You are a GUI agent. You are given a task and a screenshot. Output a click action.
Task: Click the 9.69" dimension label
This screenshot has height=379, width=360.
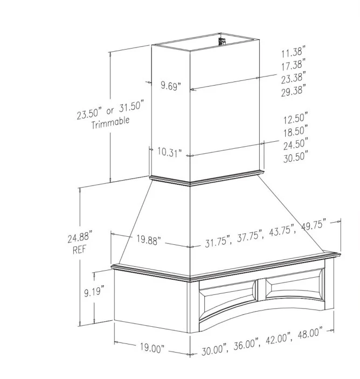(171, 86)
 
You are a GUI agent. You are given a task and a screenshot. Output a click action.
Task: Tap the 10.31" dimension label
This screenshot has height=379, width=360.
(170, 152)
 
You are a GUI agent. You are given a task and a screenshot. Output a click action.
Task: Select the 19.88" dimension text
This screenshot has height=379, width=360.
(149, 240)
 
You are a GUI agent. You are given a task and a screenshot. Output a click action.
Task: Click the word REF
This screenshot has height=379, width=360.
(79, 250)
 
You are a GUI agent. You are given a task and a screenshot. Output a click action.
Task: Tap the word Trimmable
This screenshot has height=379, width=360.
(110, 122)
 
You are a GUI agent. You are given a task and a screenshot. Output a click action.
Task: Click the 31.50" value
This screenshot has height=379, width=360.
(131, 106)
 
